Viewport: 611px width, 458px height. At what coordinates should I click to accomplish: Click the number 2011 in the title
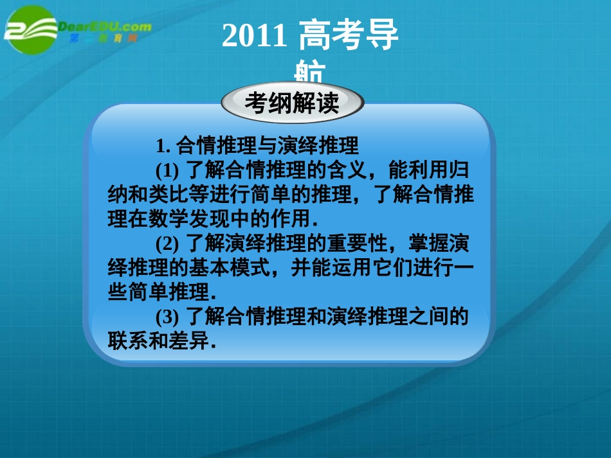[253, 37]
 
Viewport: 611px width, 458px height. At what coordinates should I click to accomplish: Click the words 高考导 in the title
[349, 37]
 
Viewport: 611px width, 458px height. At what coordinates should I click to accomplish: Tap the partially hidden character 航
[311, 72]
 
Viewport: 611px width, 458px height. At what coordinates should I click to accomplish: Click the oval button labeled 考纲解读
[293, 103]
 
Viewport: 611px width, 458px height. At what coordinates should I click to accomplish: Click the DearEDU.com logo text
[105, 27]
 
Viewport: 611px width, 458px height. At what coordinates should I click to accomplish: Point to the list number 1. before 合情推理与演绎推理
[163, 145]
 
